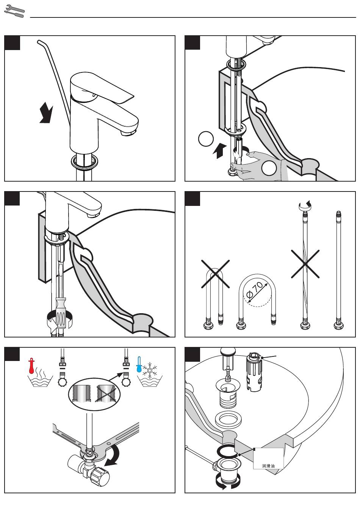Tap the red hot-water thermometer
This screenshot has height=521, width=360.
31,366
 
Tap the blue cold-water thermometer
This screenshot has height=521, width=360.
139,364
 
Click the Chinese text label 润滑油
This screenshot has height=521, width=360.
268,466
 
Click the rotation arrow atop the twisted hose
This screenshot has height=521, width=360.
305,205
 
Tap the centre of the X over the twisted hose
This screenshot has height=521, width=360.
305,264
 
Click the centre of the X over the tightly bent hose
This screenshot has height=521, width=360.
215,273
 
